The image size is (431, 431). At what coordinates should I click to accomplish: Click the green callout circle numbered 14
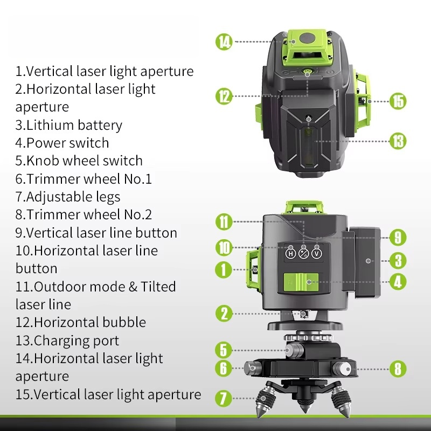click(224, 41)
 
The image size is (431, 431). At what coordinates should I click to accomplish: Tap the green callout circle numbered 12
click(224, 96)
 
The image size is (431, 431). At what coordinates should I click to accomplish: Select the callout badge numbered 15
click(398, 101)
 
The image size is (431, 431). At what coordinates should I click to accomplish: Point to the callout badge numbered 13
click(398, 142)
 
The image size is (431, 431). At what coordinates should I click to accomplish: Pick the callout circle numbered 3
click(398, 261)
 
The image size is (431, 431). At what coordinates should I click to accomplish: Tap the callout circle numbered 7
click(224, 399)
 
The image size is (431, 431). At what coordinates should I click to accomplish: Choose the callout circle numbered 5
click(224, 350)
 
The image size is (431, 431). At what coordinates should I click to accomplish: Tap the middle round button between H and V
click(303, 253)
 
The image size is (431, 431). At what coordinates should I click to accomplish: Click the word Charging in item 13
click(61, 340)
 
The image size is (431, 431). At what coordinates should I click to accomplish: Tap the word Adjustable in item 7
click(56, 197)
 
